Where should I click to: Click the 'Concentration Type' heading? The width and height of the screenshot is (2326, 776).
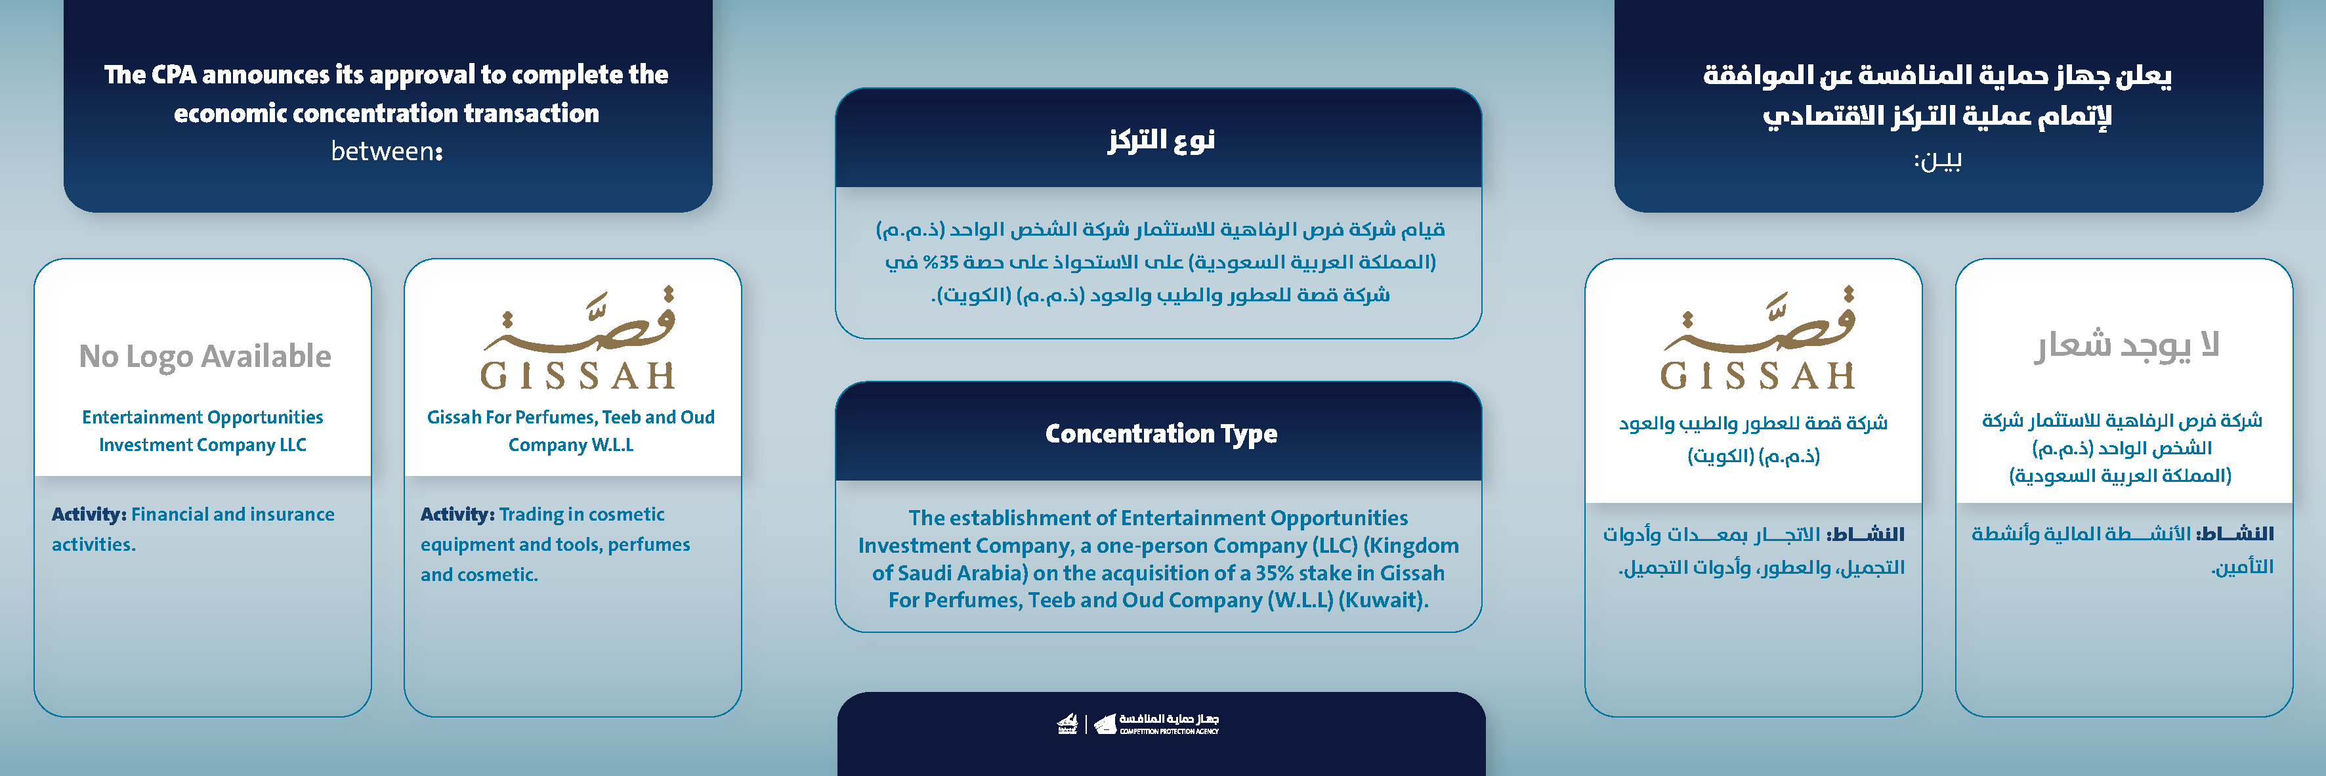[1160, 433]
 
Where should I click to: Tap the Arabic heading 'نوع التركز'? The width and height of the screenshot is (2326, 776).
[1161, 140]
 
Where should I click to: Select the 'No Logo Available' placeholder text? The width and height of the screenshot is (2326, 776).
[205, 356]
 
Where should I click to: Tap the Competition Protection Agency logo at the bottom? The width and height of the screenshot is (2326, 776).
[1139, 723]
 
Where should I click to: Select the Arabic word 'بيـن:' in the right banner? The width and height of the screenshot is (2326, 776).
[1937, 161]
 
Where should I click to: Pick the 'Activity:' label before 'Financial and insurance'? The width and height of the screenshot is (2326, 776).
[89, 514]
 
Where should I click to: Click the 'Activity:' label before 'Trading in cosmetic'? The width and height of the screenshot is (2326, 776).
[457, 514]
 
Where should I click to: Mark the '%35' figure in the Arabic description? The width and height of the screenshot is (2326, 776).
[941, 262]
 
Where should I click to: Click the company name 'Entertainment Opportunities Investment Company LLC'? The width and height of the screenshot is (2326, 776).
[202, 431]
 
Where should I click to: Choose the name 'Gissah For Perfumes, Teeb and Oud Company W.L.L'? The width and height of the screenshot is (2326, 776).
[570, 431]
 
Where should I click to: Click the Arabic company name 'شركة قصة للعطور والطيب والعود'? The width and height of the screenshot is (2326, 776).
[1752, 423]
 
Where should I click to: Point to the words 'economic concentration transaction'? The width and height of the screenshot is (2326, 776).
[387, 113]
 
